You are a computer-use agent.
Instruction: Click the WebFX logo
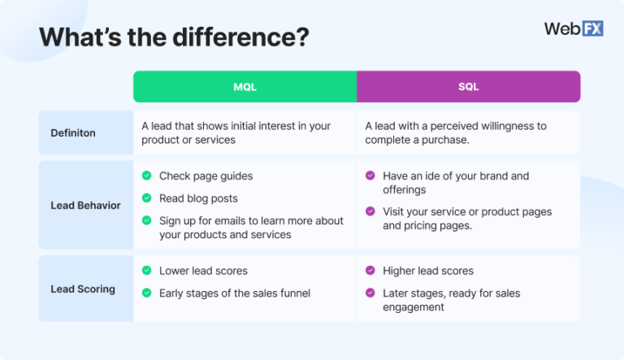coord(573,28)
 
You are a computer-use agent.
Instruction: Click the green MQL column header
coord(245,86)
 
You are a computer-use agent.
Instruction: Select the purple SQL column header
coord(468,86)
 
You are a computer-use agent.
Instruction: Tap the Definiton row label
coord(74,132)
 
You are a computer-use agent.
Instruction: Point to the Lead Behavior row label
coord(85,205)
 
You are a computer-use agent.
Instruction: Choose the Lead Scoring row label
coord(83,288)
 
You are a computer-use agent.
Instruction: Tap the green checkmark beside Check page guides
coord(146,176)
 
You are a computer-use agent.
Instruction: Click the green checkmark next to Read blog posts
coord(146,197)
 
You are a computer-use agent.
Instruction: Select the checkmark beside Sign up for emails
coord(146,220)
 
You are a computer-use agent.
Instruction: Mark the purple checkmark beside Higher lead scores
coord(370,271)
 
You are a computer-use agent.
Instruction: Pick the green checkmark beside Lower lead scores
coord(146,271)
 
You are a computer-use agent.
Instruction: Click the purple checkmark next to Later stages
coord(370,293)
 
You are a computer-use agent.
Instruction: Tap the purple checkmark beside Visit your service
coord(370,211)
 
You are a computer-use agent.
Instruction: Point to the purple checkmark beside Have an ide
coord(370,176)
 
